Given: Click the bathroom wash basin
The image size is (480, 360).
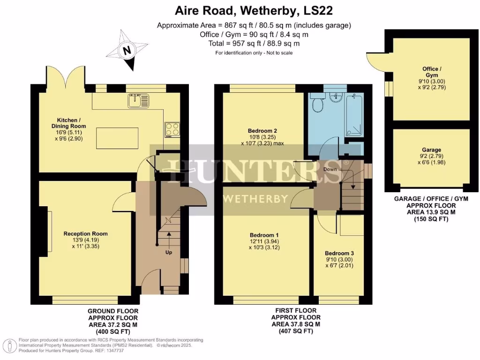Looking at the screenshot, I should coord(336,97).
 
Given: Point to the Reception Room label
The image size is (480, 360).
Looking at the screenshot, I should coord(86,233).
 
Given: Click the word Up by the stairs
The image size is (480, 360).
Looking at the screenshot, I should coord(168,252).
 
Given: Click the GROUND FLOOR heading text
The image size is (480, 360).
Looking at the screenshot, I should coord(113,311).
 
